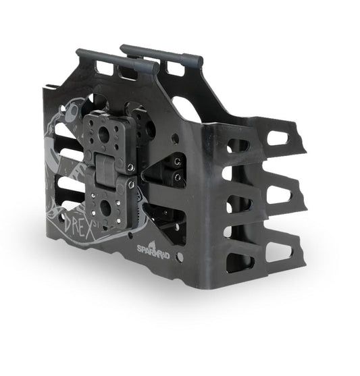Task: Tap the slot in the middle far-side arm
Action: tap(279, 193)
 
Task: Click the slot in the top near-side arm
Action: tap(238, 146)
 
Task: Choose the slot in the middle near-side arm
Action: tap(238, 203)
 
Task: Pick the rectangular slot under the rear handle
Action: tap(174, 68)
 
